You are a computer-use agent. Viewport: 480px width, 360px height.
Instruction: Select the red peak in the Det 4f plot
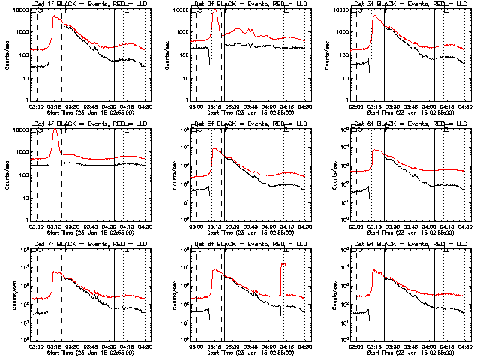point(56,131)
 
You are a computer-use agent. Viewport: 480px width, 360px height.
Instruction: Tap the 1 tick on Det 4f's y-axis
point(24,220)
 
